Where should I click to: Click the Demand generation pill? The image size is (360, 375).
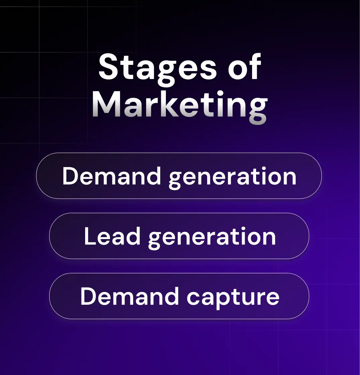click(x=179, y=176)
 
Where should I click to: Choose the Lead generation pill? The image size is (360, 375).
click(x=179, y=236)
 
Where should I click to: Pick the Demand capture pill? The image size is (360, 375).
click(x=179, y=296)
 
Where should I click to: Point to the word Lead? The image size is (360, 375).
click(x=112, y=236)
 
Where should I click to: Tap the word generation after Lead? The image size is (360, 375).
click(x=212, y=237)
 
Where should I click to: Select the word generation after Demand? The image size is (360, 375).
click(x=232, y=177)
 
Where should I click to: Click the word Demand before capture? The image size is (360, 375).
click(x=129, y=296)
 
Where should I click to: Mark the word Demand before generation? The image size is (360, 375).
click(x=112, y=176)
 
